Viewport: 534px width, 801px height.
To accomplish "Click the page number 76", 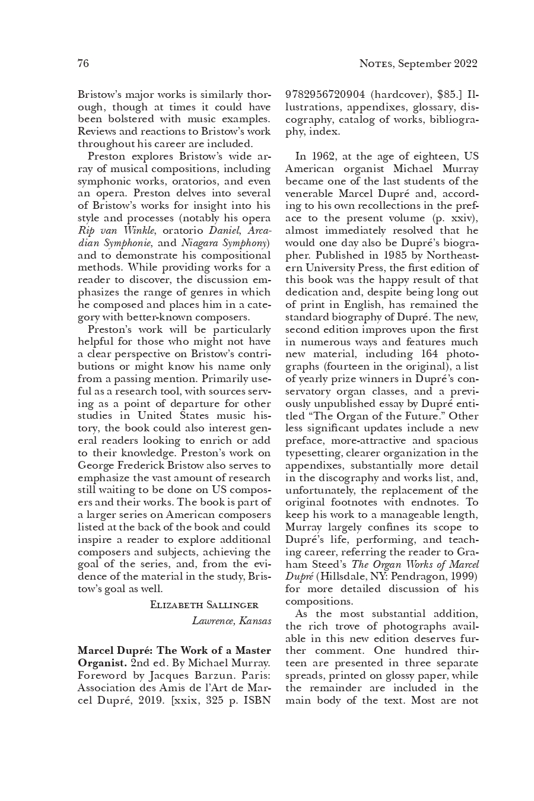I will tap(83, 63).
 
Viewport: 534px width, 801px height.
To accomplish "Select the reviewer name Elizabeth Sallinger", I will tap(204, 605).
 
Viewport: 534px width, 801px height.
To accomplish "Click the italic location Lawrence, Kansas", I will tap(231, 621).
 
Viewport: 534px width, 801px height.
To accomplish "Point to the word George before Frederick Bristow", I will tap(97, 466).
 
